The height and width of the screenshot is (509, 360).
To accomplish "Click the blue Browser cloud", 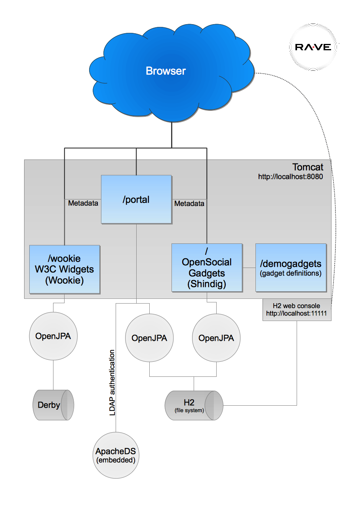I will tap(166, 71).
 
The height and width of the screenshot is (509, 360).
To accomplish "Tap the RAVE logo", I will tap(313, 47).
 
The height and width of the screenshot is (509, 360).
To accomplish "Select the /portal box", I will tap(136, 199).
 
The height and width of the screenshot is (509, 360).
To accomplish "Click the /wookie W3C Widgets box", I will tap(65, 269).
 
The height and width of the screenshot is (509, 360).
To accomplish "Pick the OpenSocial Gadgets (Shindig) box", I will tap(207, 268).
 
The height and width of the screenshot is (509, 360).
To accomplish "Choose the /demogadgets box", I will tap(291, 268).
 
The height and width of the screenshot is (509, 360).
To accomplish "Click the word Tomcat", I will tap(308, 167).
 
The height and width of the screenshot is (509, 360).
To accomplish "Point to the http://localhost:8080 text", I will tap(290, 177).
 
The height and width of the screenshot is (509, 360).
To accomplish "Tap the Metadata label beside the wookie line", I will tap(83, 203).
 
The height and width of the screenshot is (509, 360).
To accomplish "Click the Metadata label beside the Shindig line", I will tap(189, 203).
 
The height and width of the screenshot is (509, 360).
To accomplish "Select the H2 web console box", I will tap(297, 310).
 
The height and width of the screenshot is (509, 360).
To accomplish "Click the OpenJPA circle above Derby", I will tap(53, 336).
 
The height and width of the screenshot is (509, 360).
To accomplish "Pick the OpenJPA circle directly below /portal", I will tap(149, 338).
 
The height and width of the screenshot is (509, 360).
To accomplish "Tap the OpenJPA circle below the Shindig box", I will tap(216, 338).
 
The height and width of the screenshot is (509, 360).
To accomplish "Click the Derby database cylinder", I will tap(53, 405).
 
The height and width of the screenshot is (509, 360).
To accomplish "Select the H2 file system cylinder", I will tap(194, 405).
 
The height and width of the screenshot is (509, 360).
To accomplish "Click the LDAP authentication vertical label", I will tap(112, 383).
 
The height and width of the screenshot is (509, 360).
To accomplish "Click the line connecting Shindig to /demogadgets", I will tap(249, 268).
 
